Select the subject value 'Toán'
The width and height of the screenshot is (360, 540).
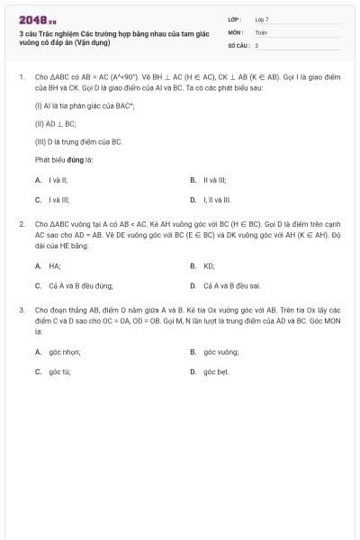261,31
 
